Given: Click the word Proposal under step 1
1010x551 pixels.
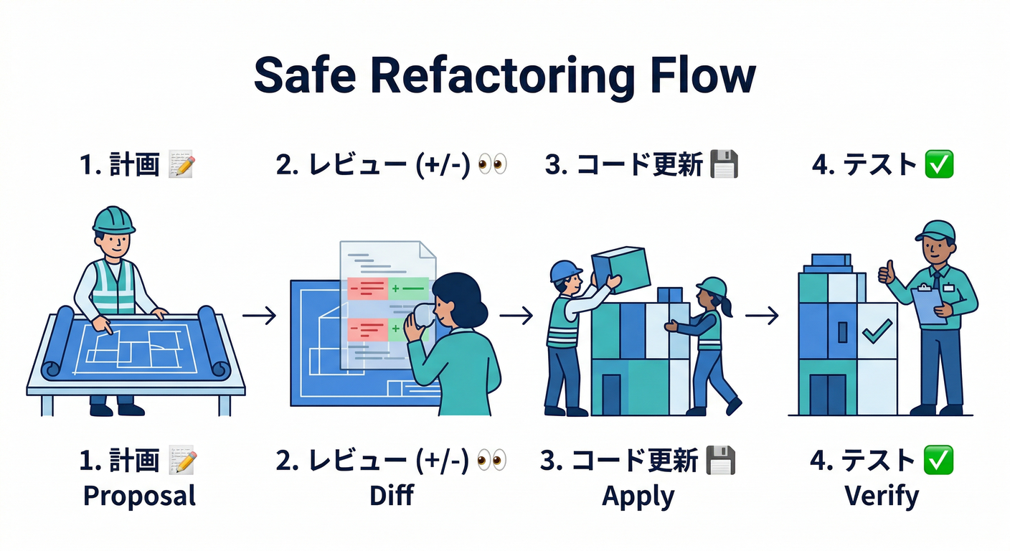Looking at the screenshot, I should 139,496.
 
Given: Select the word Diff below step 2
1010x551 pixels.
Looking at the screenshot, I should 392,496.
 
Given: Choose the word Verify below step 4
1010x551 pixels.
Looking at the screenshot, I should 882,496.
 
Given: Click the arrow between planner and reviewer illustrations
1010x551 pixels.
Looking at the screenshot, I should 259,315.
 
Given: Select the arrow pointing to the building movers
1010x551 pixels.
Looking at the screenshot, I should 516,315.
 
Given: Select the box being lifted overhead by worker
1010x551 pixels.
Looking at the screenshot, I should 620,269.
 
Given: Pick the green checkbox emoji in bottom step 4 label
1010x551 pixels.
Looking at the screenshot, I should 938,460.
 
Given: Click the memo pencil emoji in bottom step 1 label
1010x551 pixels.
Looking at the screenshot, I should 181,460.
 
